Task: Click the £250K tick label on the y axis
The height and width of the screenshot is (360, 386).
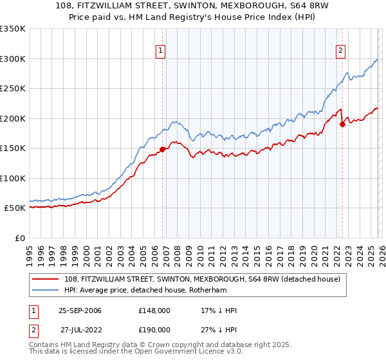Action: pos(13,88)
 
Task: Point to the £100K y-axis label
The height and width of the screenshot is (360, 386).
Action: pos(13,178)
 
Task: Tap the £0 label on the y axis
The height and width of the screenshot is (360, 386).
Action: pos(19,238)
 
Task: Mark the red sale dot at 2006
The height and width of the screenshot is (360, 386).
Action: pos(162,149)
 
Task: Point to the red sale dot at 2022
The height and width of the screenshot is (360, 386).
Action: pos(342,124)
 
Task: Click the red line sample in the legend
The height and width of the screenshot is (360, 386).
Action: pos(46,278)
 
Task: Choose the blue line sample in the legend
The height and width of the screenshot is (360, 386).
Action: pos(46,290)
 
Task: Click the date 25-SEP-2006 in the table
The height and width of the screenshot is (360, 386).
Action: pos(80,310)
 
